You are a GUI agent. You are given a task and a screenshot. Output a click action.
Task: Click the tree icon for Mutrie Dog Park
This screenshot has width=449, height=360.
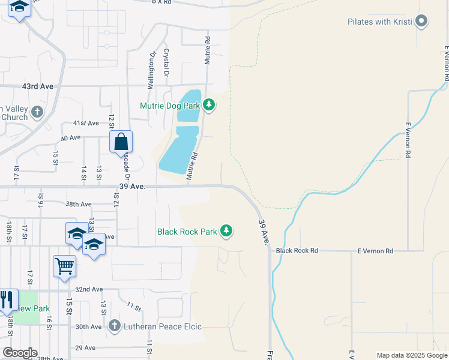tap(209, 106)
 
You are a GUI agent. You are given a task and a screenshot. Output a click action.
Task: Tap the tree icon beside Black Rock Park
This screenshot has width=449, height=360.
tap(226, 231)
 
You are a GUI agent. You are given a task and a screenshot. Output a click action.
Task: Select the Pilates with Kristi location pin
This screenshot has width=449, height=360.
tap(421, 22)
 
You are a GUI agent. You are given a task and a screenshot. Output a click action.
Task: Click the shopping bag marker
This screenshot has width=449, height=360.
tap(121, 142)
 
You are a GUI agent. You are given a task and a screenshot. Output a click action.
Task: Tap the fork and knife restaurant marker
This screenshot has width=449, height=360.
tap(7, 299)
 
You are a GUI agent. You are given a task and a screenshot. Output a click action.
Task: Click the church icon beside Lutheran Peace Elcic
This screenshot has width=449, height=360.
tap(115, 326)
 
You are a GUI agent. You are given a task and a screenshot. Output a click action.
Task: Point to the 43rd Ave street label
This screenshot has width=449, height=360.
tap(38, 86)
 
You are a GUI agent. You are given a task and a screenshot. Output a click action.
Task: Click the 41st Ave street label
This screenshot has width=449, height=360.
tap(86, 123)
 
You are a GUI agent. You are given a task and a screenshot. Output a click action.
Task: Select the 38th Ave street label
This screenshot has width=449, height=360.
tap(79, 204)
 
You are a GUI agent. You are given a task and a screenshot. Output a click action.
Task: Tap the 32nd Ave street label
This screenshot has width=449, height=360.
tap(89, 289)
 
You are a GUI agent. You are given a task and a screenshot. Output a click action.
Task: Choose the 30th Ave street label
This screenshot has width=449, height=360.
tap(89, 327)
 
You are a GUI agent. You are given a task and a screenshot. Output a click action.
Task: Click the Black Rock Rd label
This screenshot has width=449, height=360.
tap(297, 250)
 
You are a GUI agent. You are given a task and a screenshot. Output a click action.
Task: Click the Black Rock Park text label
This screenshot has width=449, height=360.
tap(187, 231)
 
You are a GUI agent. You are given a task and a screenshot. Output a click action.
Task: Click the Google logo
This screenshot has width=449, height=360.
tap(19, 353)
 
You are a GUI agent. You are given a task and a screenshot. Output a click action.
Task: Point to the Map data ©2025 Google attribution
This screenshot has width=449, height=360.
tap(411, 355)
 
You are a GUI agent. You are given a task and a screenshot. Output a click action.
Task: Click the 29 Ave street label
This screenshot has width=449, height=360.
tap(85, 348)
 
